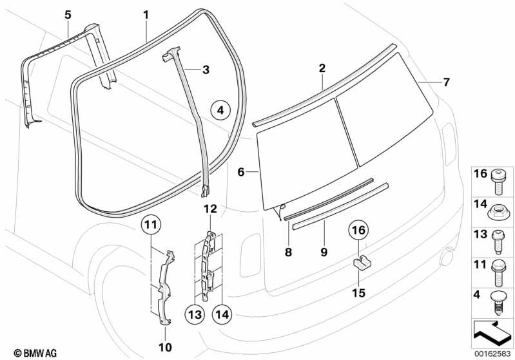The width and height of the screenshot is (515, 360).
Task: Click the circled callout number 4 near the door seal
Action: tap(220, 110)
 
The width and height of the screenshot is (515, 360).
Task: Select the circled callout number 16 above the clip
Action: tap(359, 229)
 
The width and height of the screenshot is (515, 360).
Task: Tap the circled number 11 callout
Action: tap(150, 225)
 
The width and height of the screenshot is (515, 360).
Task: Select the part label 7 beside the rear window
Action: tap(446, 82)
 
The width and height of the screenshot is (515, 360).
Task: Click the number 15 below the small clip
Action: tap(359, 292)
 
